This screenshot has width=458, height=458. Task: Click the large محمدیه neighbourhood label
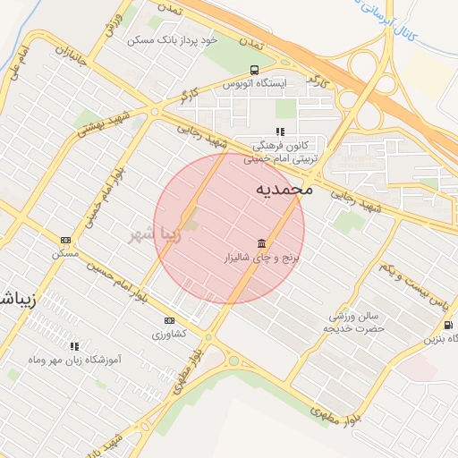[x=284, y=190]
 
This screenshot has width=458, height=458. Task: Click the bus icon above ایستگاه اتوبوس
[x=256, y=70]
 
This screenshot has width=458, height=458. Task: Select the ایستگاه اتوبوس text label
[x=256, y=84]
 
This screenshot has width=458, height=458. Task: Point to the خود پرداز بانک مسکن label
[x=174, y=40]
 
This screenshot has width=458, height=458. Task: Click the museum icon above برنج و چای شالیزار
[x=261, y=243]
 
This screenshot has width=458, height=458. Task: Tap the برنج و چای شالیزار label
[x=264, y=258]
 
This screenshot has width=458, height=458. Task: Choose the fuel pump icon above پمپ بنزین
[x=447, y=325]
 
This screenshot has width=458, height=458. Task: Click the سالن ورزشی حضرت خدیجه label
[x=356, y=322]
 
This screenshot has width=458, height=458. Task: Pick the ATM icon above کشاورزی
[x=169, y=320]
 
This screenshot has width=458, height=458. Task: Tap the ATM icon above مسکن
[x=65, y=240]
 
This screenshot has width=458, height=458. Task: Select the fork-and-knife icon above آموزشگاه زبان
[x=74, y=345]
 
